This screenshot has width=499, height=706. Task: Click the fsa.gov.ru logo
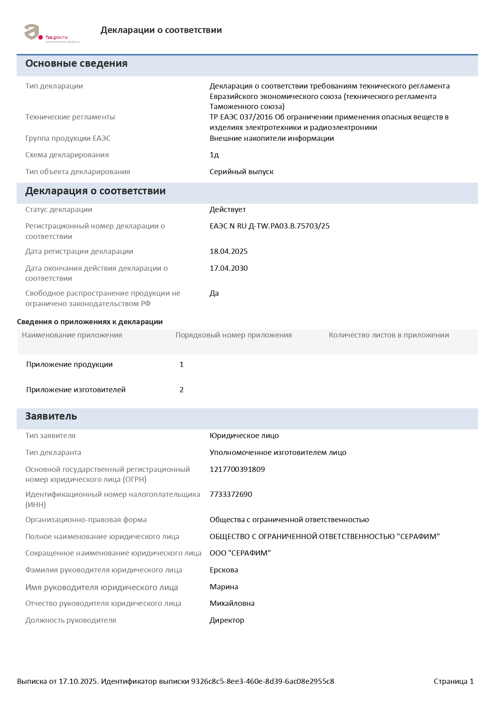point(52,33)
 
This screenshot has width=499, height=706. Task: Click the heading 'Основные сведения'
point(76,64)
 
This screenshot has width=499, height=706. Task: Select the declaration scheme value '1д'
point(214,155)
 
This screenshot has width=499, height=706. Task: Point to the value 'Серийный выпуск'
point(241,172)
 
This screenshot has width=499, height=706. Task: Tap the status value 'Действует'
point(227,210)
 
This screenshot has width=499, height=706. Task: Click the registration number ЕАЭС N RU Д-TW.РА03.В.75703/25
point(270,226)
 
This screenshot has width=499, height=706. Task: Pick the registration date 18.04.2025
point(229,251)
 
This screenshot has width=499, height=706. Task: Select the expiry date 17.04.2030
point(229,268)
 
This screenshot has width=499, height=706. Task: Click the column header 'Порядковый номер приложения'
point(233,335)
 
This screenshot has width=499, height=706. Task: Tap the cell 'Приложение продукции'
point(69,364)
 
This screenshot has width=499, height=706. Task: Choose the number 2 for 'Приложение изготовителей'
point(181,390)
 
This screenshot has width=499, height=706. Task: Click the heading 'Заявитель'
point(51,416)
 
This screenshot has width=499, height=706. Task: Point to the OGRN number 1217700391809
point(237,469)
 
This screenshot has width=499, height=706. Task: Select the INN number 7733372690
point(231,494)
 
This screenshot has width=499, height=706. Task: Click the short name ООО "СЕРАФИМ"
point(240,553)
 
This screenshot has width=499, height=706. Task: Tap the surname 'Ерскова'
point(224,570)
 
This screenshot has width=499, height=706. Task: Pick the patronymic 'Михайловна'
point(232,603)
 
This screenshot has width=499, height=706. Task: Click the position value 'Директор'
point(227,620)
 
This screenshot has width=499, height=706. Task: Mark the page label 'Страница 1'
point(454,681)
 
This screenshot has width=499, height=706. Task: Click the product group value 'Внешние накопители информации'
point(272,138)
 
